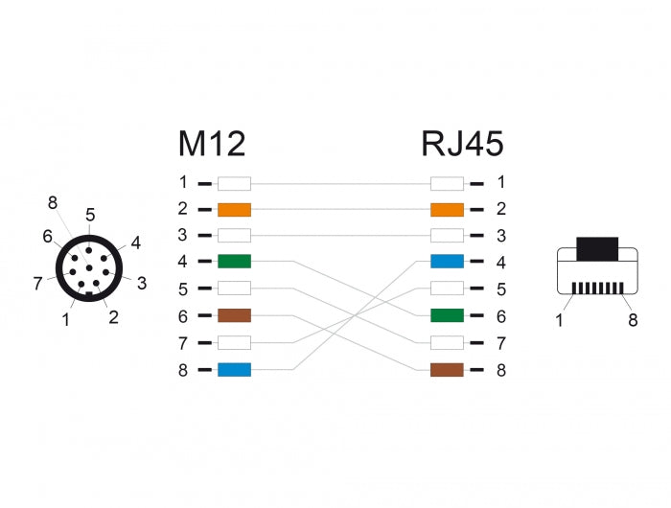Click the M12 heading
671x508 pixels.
pyautogui.click(x=212, y=144)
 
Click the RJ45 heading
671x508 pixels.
pyautogui.click(x=462, y=144)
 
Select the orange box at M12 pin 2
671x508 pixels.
pyautogui.click(x=234, y=209)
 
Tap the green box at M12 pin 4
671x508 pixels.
pyautogui.click(x=234, y=262)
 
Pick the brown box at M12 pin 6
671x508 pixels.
pyautogui.click(x=234, y=315)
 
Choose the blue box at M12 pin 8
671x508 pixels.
pyautogui.click(x=234, y=369)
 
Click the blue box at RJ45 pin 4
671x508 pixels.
pyautogui.click(x=447, y=262)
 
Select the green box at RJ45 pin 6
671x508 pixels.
pyautogui.click(x=447, y=315)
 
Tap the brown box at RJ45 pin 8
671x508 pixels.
pyautogui.click(x=447, y=369)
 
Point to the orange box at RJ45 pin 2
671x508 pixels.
pyautogui.click(x=447, y=209)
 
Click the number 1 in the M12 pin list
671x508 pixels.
pyautogui.click(x=183, y=182)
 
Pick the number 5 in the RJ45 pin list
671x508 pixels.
pyautogui.click(x=500, y=289)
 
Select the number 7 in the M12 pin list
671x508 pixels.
pyautogui.click(x=183, y=342)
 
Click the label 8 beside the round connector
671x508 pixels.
pyautogui.click(x=53, y=202)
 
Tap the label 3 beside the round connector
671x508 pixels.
pyautogui.click(x=141, y=282)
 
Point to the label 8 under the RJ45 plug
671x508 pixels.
pyautogui.click(x=633, y=320)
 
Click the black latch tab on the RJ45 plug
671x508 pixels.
pyautogui.click(x=597, y=249)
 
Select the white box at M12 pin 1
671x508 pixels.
pyautogui.click(x=234, y=182)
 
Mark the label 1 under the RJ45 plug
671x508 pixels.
pyautogui.click(x=560, y=320)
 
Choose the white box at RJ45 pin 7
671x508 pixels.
pyautogui.click(x=447, y=342)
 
